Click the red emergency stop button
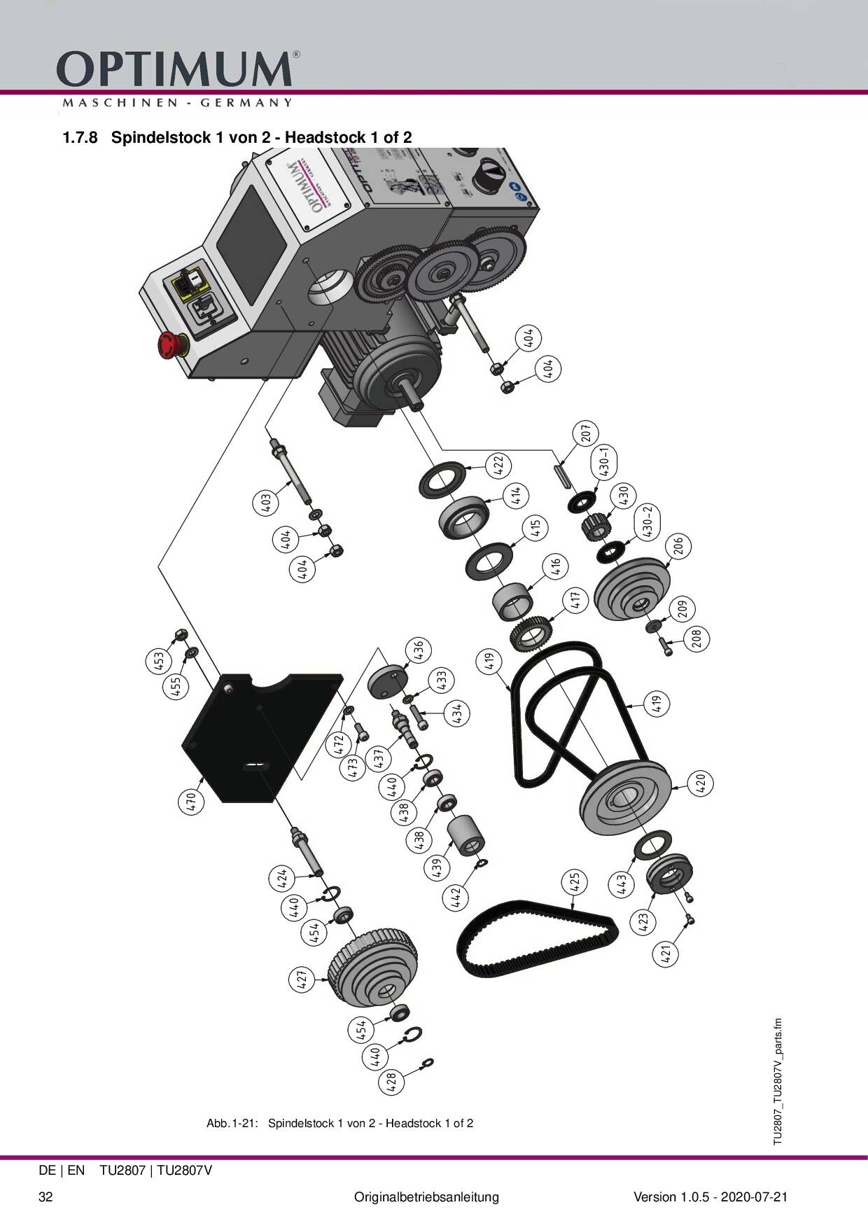[170, 345]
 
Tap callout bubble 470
[191, 802]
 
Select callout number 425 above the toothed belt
[574, 882]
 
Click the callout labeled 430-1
[605, 461]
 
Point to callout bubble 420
[701, 783]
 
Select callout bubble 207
[586, 433]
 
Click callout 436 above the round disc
[418, 649]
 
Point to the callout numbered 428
[391, 1082]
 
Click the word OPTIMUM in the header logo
[175, 69]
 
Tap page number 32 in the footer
[45, 1197]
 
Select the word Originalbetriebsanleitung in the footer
[426, 1197]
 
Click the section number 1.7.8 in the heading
[78, 137]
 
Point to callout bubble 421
[666, 953]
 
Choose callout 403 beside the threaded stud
[265, 503]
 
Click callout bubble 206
[678, 545]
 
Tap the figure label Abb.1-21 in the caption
[232, 1124]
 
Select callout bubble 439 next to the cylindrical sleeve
[436, 869]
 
